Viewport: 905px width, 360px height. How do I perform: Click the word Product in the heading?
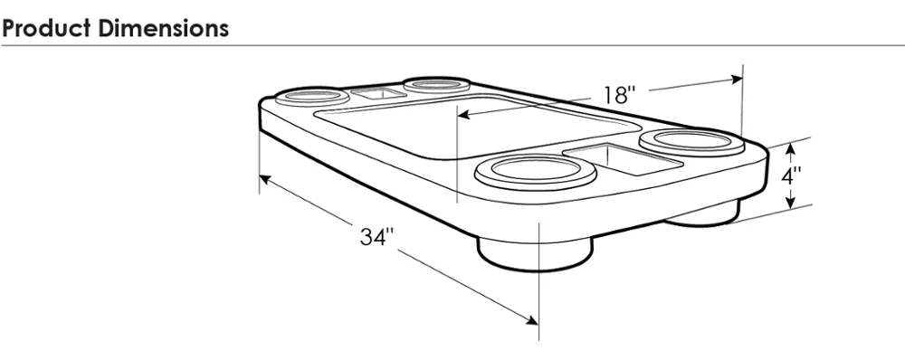coord(45,28)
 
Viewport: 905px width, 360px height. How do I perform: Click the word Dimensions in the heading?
coord(163,28)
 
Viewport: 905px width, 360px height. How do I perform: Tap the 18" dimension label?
coord(619,95)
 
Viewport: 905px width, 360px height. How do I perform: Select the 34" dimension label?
coord(376,237)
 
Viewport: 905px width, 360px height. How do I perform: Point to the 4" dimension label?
coord(791,175)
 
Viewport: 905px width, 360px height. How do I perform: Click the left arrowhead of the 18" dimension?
coord(463,114)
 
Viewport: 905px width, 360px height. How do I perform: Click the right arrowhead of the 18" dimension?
coord(737,80)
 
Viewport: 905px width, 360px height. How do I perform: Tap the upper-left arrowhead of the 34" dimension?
coord(265,179)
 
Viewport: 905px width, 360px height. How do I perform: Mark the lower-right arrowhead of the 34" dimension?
coord(532,319)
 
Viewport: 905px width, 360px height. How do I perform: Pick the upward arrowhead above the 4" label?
coord(791,149)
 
